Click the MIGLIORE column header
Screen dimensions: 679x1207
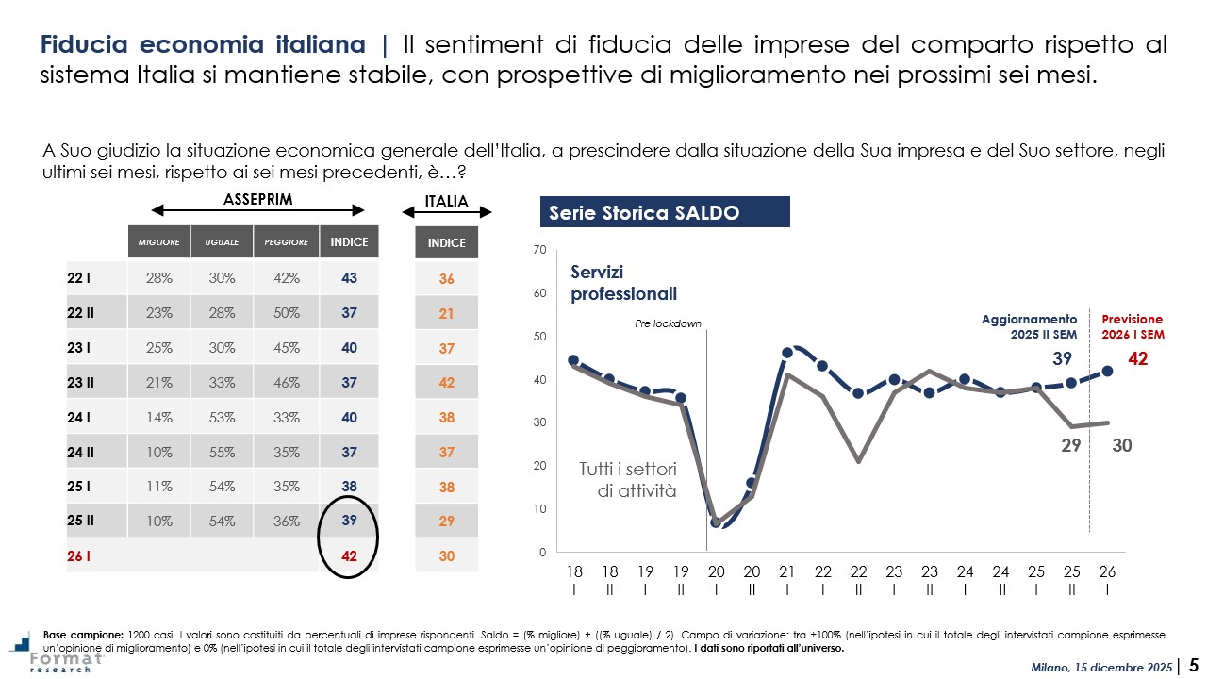click(158, 242)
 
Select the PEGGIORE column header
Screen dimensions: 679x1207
click(286, 242)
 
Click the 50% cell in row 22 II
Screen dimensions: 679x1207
click(286, 313)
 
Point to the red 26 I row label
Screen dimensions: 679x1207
click(79, 556)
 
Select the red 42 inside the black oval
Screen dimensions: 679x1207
click(349, 556)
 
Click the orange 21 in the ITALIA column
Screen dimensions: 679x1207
click(446, 313)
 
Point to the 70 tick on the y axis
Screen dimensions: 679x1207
click(540, 250)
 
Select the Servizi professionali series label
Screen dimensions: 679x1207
click(624, 282)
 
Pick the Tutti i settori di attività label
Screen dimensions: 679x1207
click(627, 479)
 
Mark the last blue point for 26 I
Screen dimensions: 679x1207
click(1107, 371)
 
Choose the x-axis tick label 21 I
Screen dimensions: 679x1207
click(787, 579)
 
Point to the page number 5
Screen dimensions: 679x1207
click(1193, 664)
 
